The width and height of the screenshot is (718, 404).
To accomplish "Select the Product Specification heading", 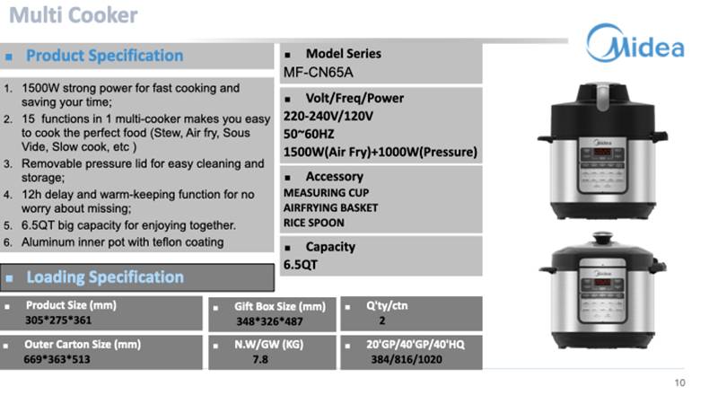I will point(104,56).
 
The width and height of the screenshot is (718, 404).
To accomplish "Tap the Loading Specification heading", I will point(105,277).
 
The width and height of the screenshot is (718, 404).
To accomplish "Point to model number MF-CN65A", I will point(318,72).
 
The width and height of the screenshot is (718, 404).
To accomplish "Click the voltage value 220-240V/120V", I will point(328,117).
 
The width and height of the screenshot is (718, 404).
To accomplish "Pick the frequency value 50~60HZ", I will point(311,134).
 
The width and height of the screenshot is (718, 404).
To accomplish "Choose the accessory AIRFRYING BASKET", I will point(330,207).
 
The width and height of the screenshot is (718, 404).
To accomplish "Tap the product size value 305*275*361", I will point(57,320).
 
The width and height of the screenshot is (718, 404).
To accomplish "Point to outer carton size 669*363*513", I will point(57,359).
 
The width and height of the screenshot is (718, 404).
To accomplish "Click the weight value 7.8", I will point(261,359).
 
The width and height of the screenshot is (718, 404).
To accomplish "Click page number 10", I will point(679,383).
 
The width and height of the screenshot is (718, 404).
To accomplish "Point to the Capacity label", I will point(330,247).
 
